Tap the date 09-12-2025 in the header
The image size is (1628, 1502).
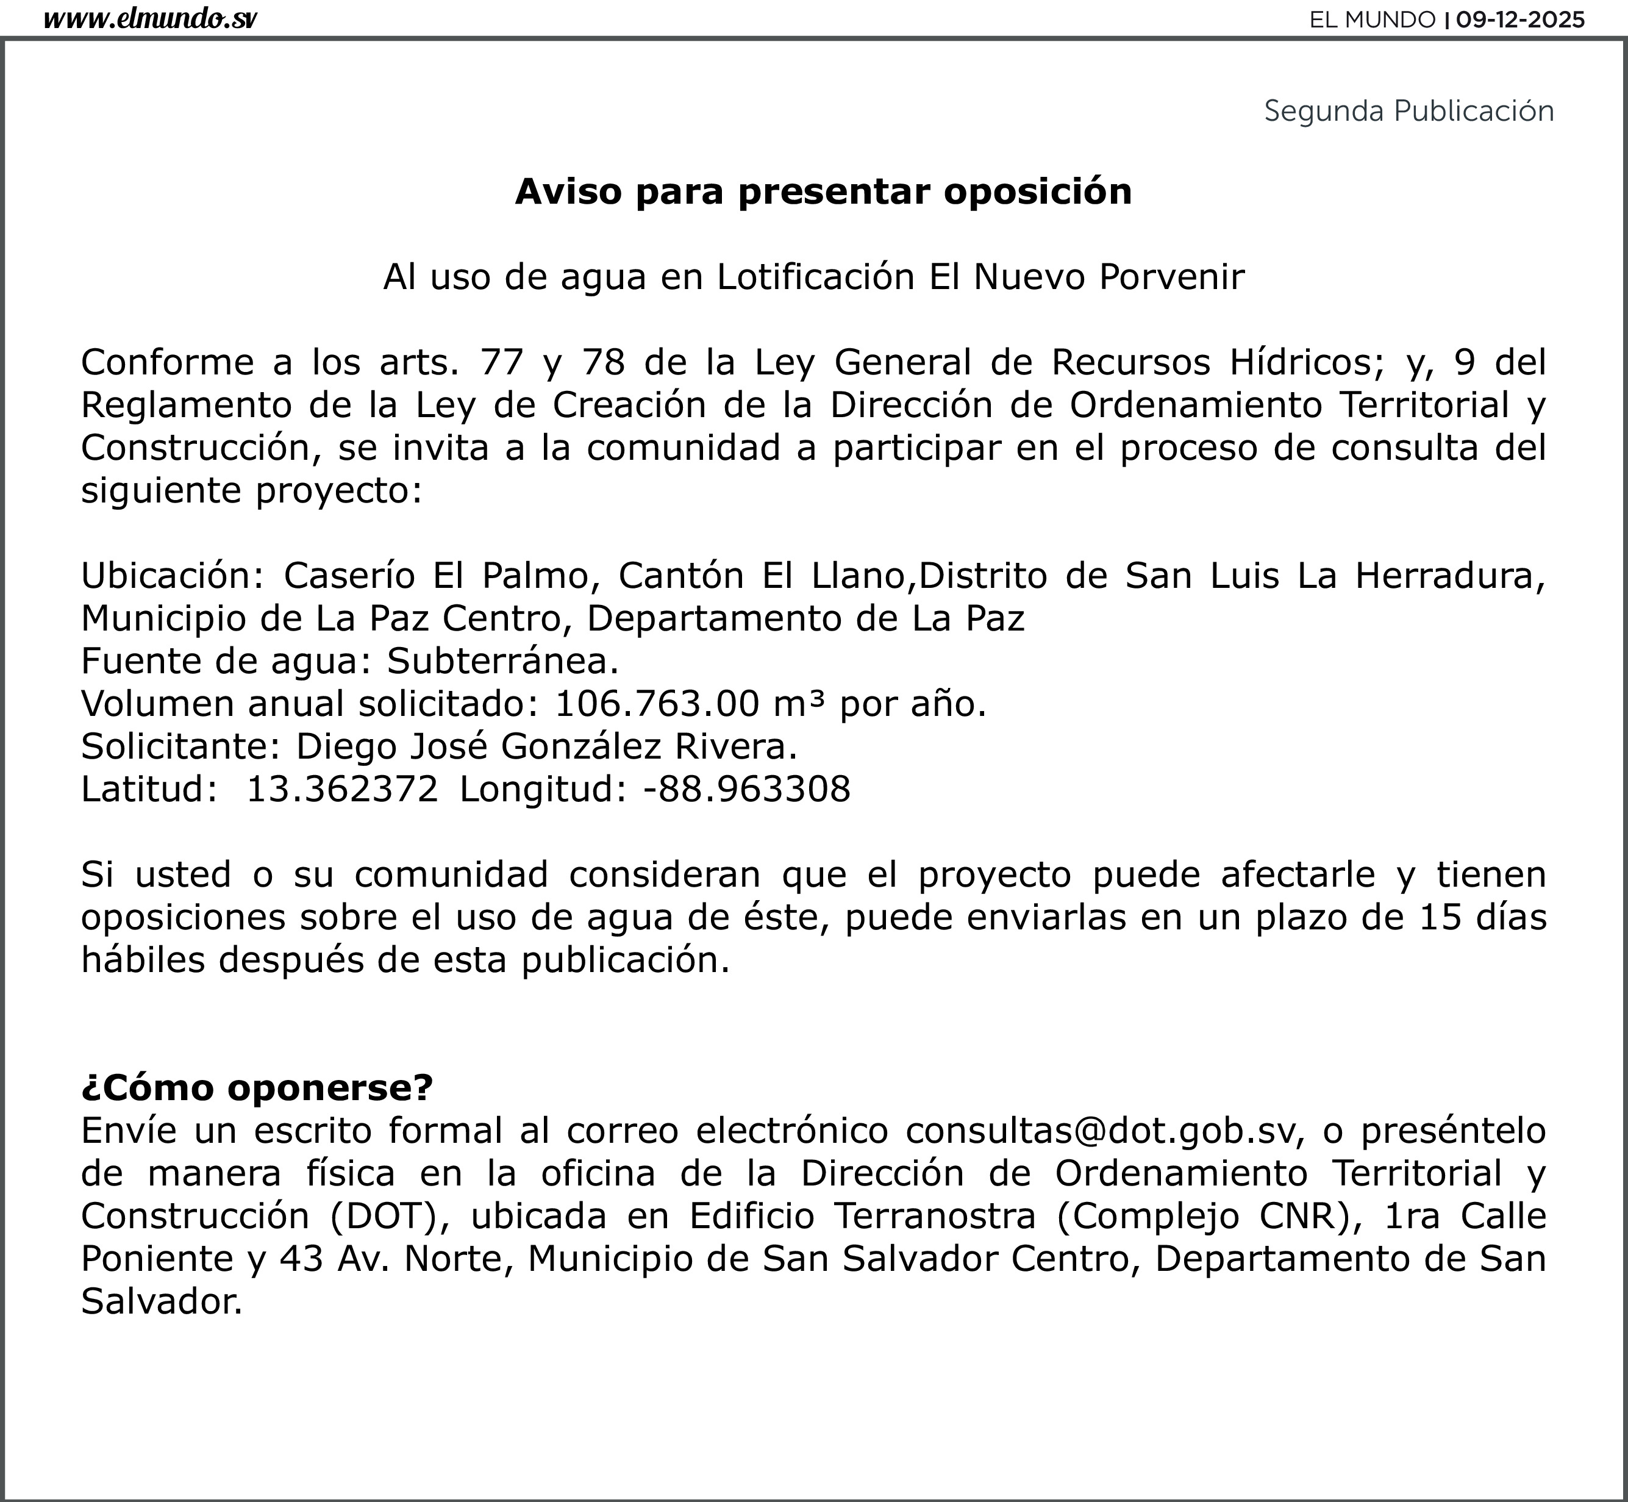1520,20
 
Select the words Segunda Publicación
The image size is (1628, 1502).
1408,110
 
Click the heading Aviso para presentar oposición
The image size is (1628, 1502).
823,192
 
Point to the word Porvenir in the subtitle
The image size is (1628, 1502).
1171,277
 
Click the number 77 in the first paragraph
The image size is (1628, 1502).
501,362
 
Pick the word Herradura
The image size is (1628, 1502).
1449,576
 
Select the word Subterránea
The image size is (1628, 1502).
502,661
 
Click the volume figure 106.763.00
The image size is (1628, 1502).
657,703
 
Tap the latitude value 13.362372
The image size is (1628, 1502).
342,789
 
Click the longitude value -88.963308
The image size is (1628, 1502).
746,789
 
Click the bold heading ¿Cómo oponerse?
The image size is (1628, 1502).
257,1087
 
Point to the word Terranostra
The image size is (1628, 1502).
935,1216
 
